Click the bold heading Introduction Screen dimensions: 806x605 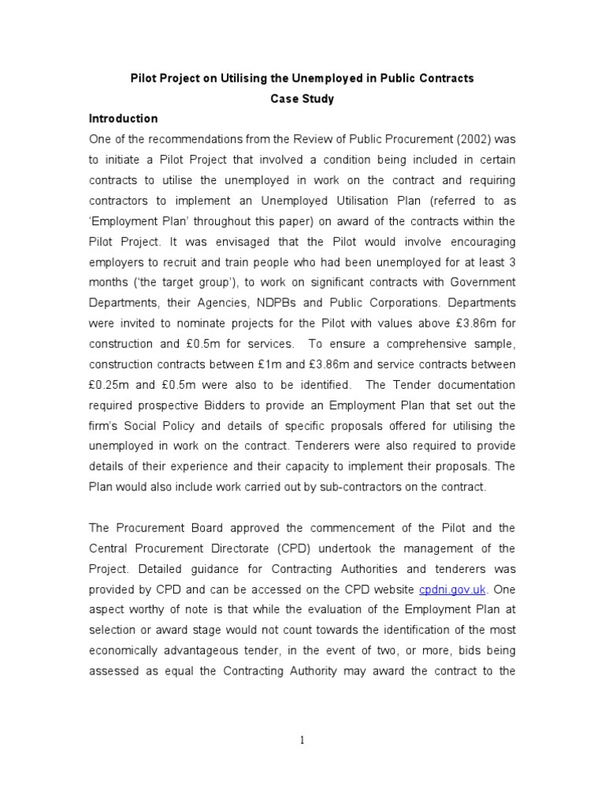click(x=123, y=119)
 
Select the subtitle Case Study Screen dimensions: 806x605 click(x=302, y=99)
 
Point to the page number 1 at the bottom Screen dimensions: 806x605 click(x=302, y=740)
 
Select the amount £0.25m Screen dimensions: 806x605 click(x=108, y=385)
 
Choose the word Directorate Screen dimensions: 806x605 click(x=220, y=548)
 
